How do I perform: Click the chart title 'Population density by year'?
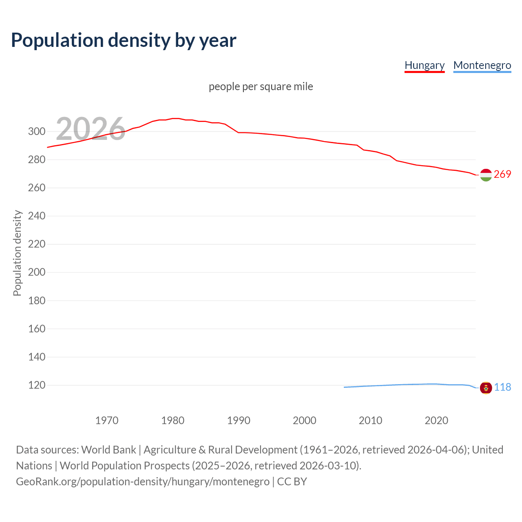click(124, 40)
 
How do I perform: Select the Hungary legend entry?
click(424, 65)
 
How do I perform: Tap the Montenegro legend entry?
click(482, 65)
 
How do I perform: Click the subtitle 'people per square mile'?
click(261, 86)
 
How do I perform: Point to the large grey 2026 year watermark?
click(91, 128)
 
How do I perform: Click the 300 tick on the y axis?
click(36, 131)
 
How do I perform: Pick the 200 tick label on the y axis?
click(36, 272)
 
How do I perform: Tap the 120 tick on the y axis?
click(36, 385)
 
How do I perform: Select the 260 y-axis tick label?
click(36, 188)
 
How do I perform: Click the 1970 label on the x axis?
click(107, 420)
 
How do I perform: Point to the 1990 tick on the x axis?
click(239, 420)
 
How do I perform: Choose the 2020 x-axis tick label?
click(436, 420)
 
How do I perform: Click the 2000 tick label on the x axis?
click(305, 420)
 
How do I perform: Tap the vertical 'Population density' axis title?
click(17, 253)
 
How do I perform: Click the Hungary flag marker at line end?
click(486, 175)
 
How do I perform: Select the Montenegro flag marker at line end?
click(486, 387)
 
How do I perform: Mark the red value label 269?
click(502, 174)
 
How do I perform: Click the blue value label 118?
click(502, 387)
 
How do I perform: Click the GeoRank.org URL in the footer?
click(143, 482)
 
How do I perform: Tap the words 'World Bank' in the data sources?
click(108, 450)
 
